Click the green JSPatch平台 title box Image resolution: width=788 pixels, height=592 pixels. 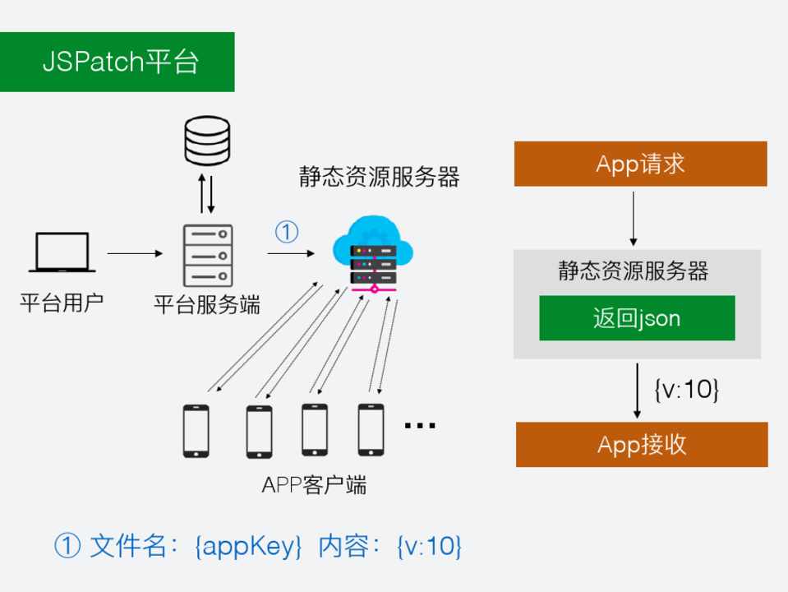(x=118, y=62)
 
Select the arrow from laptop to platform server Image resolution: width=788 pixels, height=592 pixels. (x=136, y=253)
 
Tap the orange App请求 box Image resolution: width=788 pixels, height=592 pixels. (x=640, y=164)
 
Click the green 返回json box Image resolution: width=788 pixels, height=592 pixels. (x=637, y=318)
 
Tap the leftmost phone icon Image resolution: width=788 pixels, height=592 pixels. (x=196, y=430)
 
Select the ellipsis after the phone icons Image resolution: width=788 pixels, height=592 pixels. (x=420, y=425)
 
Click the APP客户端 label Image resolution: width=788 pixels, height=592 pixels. (x=313, y=485)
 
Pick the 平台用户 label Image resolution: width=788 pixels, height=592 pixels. (x=62, y=305)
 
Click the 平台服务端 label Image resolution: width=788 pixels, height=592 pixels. (x=207, y=305)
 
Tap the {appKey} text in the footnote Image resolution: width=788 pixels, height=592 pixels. (x=250, y=546)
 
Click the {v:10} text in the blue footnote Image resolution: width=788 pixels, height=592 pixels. (x=428, y=546)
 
